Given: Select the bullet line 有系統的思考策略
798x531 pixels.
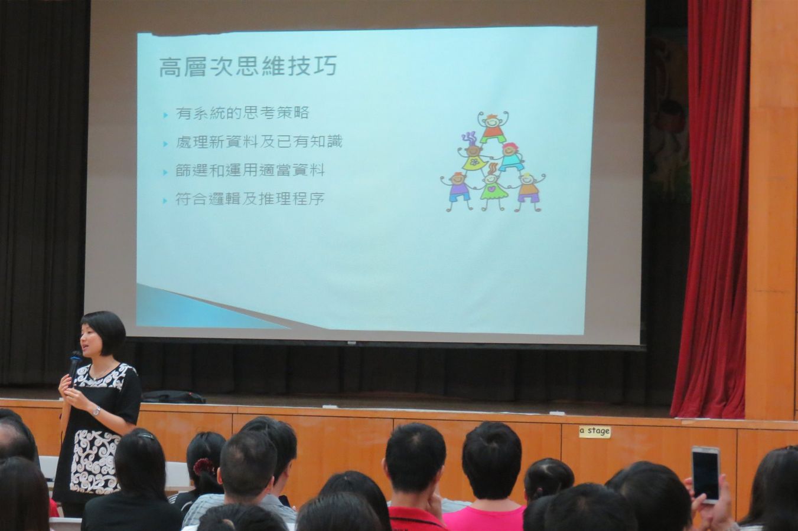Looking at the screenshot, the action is [242, 113].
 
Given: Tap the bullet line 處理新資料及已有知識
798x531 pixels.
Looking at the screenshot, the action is [259, 142].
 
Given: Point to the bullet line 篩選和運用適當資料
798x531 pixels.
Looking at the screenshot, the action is [250, 171].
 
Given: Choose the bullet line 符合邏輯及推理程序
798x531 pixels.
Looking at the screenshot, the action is [250, 199].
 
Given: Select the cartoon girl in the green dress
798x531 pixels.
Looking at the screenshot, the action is [493, 188].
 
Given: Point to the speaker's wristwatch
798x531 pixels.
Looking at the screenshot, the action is [96, 411].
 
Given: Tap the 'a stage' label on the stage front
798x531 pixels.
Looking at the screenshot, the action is [595, 432].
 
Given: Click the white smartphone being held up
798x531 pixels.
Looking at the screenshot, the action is [705, 474].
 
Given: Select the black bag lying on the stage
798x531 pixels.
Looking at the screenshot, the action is [174, 397].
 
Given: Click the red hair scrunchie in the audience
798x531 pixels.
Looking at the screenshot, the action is [204, 466].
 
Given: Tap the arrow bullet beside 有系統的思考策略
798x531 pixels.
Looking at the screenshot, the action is [165, 115].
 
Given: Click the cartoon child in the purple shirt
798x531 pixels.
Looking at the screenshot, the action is [457, 191].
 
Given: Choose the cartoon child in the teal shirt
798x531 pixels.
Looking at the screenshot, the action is [512, 158].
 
